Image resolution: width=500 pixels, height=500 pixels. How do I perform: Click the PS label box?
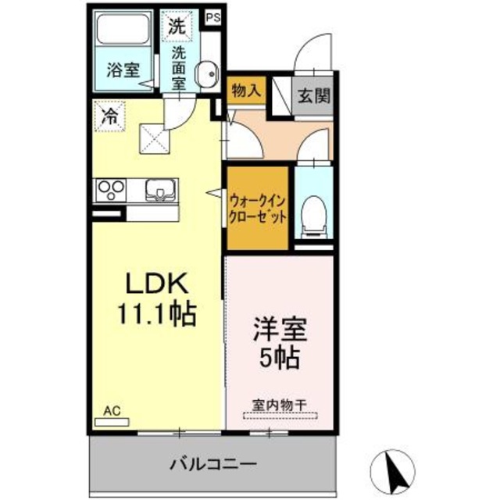pos(212,16)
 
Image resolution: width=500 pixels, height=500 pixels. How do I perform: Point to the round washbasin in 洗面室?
pos(207,76)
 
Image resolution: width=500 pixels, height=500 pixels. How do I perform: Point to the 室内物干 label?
pos(280,405)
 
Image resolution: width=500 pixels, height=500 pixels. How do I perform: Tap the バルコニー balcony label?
pos(212,464)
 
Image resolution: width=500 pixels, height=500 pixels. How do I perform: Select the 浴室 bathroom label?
pos(123,69)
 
